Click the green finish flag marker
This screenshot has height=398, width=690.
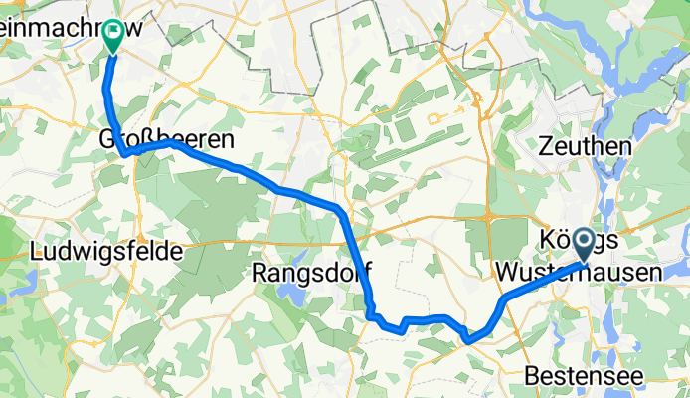pyautogui.click(x=112, y=36)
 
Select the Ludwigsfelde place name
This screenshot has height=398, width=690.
pyautogui.click(x=107, y=252)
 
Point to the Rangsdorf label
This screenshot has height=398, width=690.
pyautogui.click(x=310, y=271)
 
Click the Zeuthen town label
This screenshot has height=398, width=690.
pyautogui.click(x=585, y=146)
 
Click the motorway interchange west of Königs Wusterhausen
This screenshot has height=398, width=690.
pyautogui.click(x=490, y=214)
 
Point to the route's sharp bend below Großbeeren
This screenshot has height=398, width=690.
pyautogui.click(x=124, y=153)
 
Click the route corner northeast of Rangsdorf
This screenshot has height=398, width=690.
pyautogui.click(x=341, y=211)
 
